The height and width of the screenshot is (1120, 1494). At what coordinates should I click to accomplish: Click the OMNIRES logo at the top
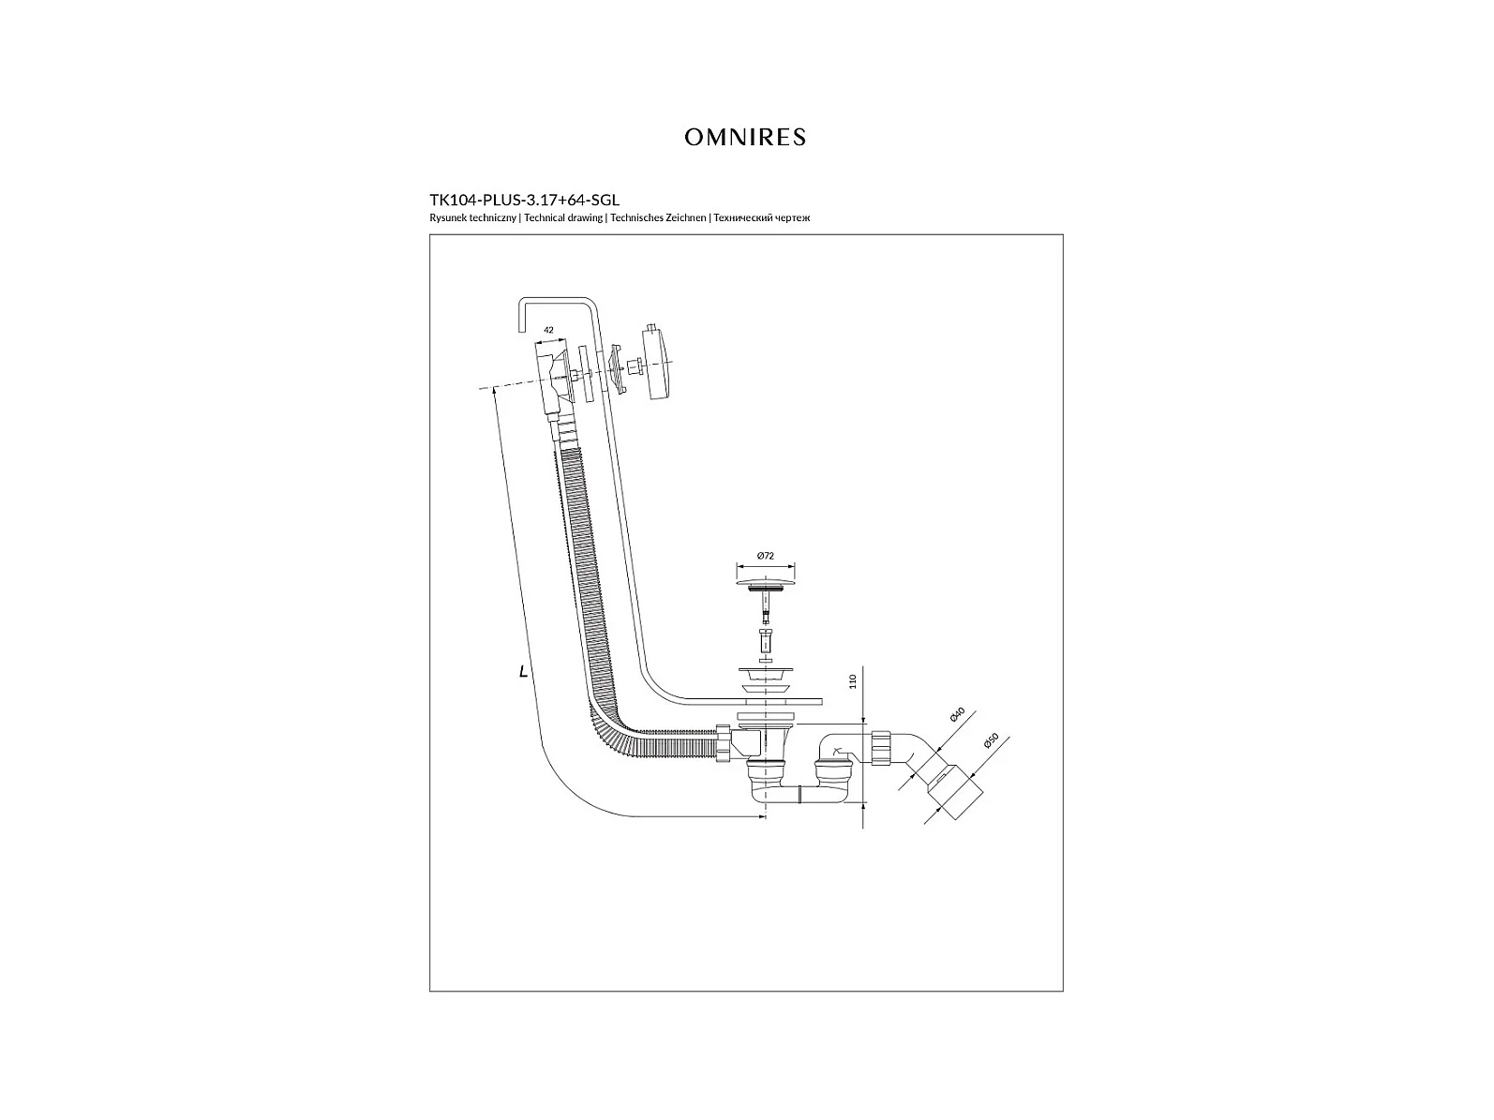click(x=744, y=138)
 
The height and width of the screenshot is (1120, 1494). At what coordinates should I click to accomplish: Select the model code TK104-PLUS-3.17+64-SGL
click(x=524, y=200)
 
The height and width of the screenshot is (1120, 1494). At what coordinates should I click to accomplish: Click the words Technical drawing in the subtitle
click(x=563, y=217)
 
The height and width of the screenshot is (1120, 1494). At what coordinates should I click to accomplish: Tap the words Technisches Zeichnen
click(x=658, y=217)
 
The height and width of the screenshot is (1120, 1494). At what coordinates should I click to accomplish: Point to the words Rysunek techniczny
click(x=473, y=217)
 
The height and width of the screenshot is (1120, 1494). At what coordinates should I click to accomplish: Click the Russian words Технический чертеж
click(x=762, y=217)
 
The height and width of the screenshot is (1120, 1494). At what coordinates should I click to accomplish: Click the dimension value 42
click(x=548, y=330)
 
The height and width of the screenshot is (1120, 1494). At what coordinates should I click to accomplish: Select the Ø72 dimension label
click(x=766, y=556)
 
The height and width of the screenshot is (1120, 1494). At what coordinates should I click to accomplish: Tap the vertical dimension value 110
click(x=853, y=681)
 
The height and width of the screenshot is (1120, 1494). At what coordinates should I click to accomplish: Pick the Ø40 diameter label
click(x=957, y=715)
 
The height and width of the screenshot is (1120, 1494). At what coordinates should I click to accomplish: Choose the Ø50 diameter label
click(x=991, y=741)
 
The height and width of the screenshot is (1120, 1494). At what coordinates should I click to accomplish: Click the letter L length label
click(x=523, y=672)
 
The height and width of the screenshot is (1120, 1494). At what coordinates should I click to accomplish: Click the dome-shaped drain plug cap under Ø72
click(x=766, y=585)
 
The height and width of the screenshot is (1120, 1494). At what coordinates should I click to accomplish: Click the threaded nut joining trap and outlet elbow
click(x=881, y=748)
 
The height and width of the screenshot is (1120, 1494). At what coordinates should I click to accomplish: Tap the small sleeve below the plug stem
click(x=766, y=640)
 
